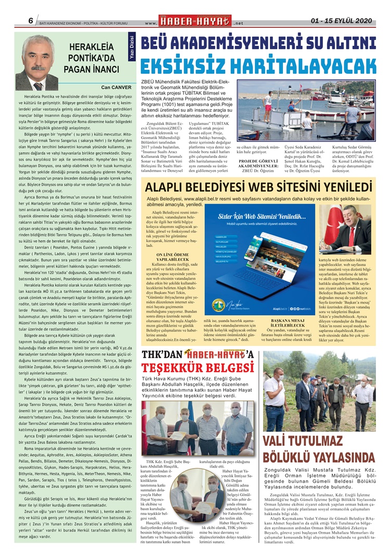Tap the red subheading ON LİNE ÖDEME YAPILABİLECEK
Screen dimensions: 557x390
[x=171, y=257]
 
